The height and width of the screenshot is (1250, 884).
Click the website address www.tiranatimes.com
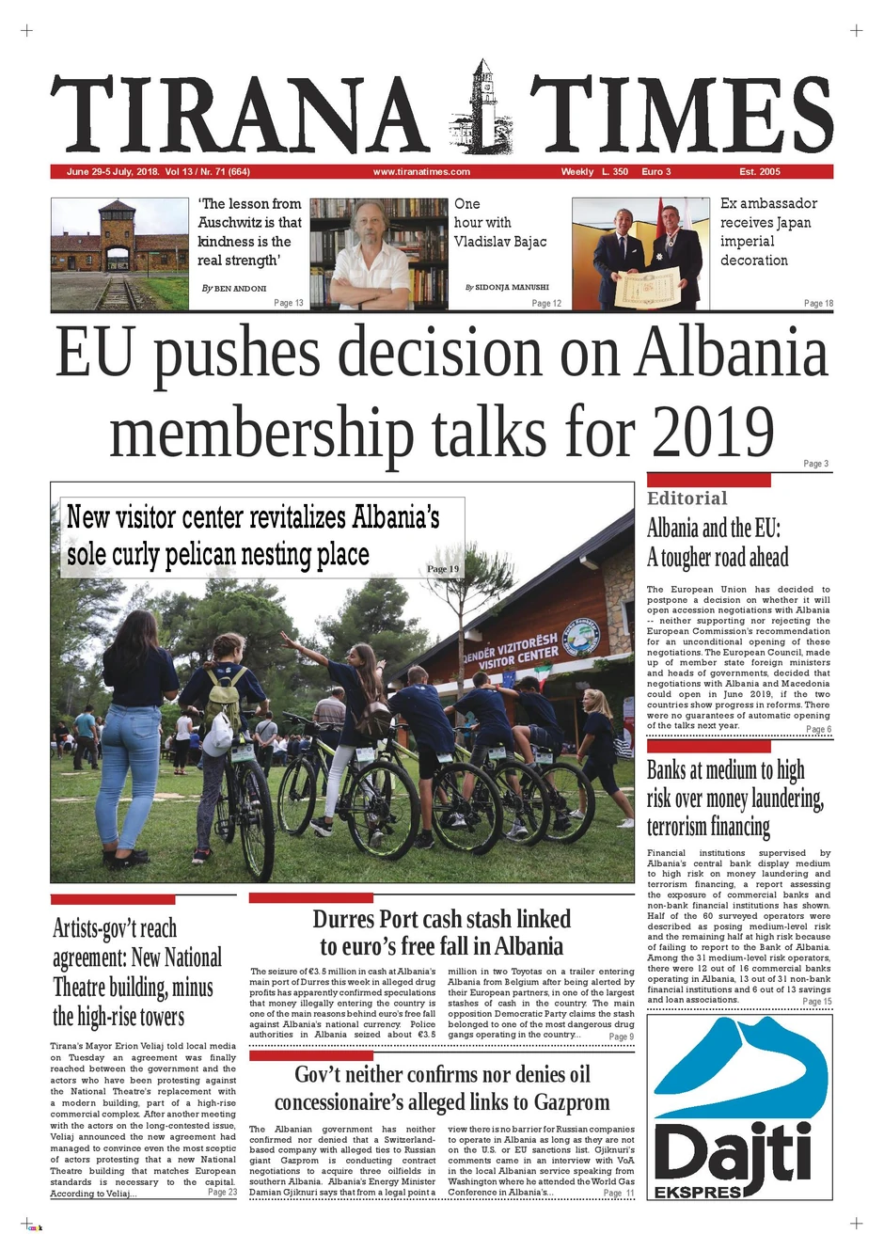point(421,172)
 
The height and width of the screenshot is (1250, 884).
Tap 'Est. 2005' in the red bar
point(760,172)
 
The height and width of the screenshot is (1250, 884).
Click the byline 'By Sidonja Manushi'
point(507,287)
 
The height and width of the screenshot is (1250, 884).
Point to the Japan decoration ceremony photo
point(640,253)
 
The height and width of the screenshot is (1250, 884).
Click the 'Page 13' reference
point(289,303)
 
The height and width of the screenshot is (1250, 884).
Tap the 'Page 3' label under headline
point(815,464)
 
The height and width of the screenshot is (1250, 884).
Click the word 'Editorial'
point(687,498)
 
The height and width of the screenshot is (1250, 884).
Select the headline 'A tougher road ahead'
point(717,558)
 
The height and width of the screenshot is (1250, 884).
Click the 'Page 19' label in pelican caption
point(443,569)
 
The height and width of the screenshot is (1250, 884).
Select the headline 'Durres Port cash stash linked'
point(441,919)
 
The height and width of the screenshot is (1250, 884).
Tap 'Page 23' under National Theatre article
point(222,1192)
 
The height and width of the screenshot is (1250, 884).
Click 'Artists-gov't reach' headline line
point(115,929)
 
